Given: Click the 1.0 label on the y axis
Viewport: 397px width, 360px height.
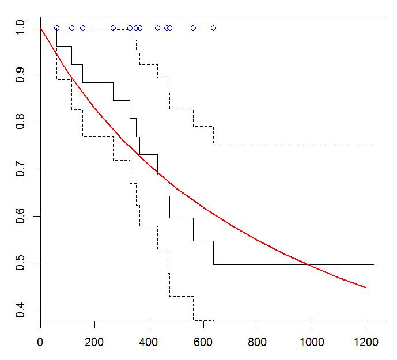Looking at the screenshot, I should (20, 28).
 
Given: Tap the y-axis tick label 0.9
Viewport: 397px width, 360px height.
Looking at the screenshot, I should (20, 75).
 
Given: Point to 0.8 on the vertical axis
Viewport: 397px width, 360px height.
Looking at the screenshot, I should (20, 122).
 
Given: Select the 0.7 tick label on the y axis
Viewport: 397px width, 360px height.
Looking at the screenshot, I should (20, 169).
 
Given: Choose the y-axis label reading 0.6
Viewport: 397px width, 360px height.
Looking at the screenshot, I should (20, 216).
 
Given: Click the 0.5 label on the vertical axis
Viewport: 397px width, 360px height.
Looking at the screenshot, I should (20, 263).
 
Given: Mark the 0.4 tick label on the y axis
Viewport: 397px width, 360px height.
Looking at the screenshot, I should (20, 310).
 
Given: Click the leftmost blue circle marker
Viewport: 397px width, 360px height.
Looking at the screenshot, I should (56, 28).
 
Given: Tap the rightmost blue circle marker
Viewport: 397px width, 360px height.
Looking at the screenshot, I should (213, 28).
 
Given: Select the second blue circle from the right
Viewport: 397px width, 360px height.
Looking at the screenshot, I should (193, 28).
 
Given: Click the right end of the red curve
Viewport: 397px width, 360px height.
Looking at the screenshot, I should (366, 287).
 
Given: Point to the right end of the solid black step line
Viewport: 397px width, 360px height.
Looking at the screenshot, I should (373, 264).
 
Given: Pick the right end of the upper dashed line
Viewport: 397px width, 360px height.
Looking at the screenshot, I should (373, 145).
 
